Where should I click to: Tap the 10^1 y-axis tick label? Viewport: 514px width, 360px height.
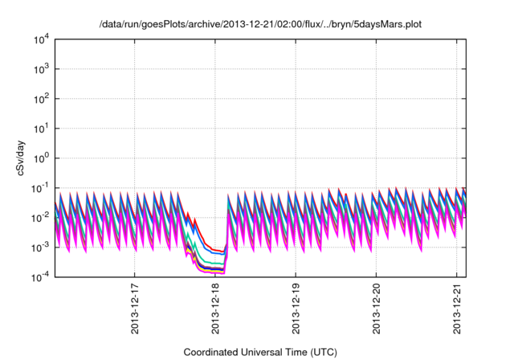tap(42, 128)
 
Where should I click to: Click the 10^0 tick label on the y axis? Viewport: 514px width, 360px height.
tap(42, 157)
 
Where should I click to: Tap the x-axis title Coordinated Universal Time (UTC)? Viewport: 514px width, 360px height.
tap(260, 352)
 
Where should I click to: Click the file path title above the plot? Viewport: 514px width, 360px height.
tap(259, 25)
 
